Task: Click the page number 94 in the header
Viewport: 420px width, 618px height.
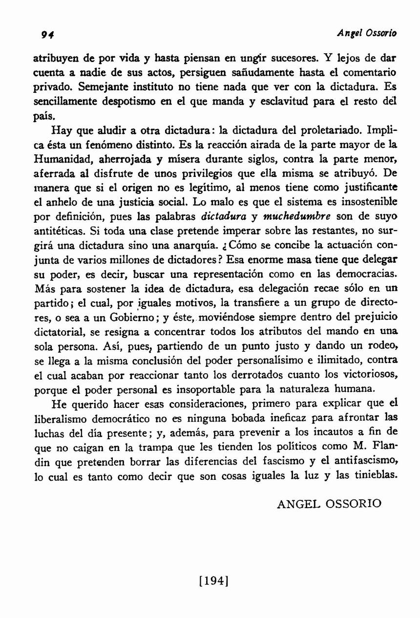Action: tap(47, 34)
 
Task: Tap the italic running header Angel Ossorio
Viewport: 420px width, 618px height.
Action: tap(367, 34)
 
